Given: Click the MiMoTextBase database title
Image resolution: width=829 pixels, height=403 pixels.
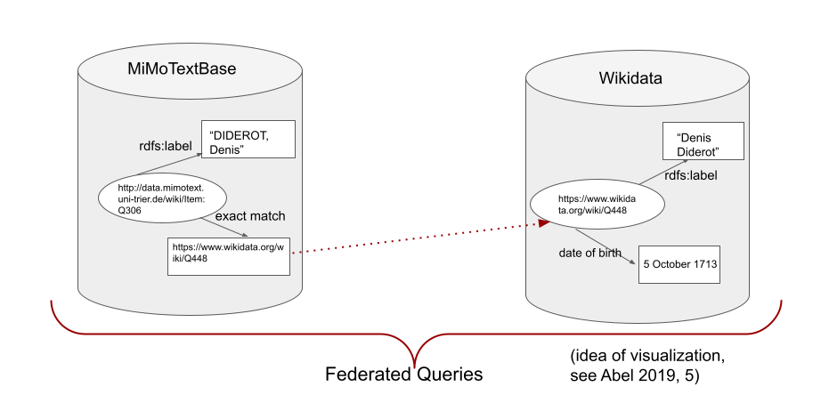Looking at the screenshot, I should pos(181,70).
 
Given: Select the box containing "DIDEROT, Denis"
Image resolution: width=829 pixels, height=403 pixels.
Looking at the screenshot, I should pos(248,140).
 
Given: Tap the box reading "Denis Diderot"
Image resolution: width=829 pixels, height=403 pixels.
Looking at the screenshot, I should pos(703,144).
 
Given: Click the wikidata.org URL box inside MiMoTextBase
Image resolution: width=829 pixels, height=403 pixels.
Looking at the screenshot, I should pos(229,255).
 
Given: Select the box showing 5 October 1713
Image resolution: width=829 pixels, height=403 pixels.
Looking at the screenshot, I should pos(679,264).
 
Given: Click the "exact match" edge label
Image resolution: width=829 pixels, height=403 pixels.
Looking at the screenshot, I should pos(250,216).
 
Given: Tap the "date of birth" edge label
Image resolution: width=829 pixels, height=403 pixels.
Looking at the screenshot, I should pos(589,254).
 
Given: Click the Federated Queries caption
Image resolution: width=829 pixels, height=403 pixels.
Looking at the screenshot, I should pos(404,375).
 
